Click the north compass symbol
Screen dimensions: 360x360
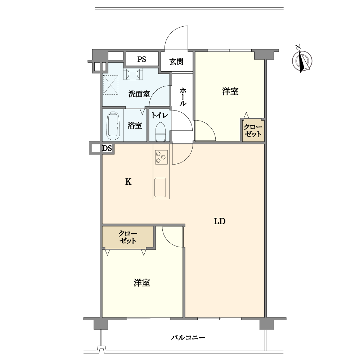[x=302, y=60]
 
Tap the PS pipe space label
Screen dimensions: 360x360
[x=141, y=59]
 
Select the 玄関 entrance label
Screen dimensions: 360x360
[x=176, y=62]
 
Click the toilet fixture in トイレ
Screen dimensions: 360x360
[x=161, y=131]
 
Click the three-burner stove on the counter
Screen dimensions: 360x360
[x=161, y=157]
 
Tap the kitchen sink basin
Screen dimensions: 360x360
[x=160, y=188]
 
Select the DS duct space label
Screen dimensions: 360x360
[x=107, y=149]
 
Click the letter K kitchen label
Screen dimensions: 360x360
[x=128, y=182]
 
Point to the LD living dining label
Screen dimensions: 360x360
[x=220, y=221]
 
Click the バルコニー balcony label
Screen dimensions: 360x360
[x=188, y=338]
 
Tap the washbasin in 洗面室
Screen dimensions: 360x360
[x=133, y=74]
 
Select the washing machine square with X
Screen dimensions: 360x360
[x=111, y=85]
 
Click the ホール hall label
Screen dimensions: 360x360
[x=183, y=96]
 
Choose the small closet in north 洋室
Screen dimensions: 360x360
[x=253, y=130]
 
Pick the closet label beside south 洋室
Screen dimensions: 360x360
[x=128, y=237]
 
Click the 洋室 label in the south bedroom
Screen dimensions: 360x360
[x=142, y=283]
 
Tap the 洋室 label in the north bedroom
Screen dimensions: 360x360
[x=230, y=91]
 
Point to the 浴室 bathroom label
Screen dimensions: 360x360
[x=135, y=126]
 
